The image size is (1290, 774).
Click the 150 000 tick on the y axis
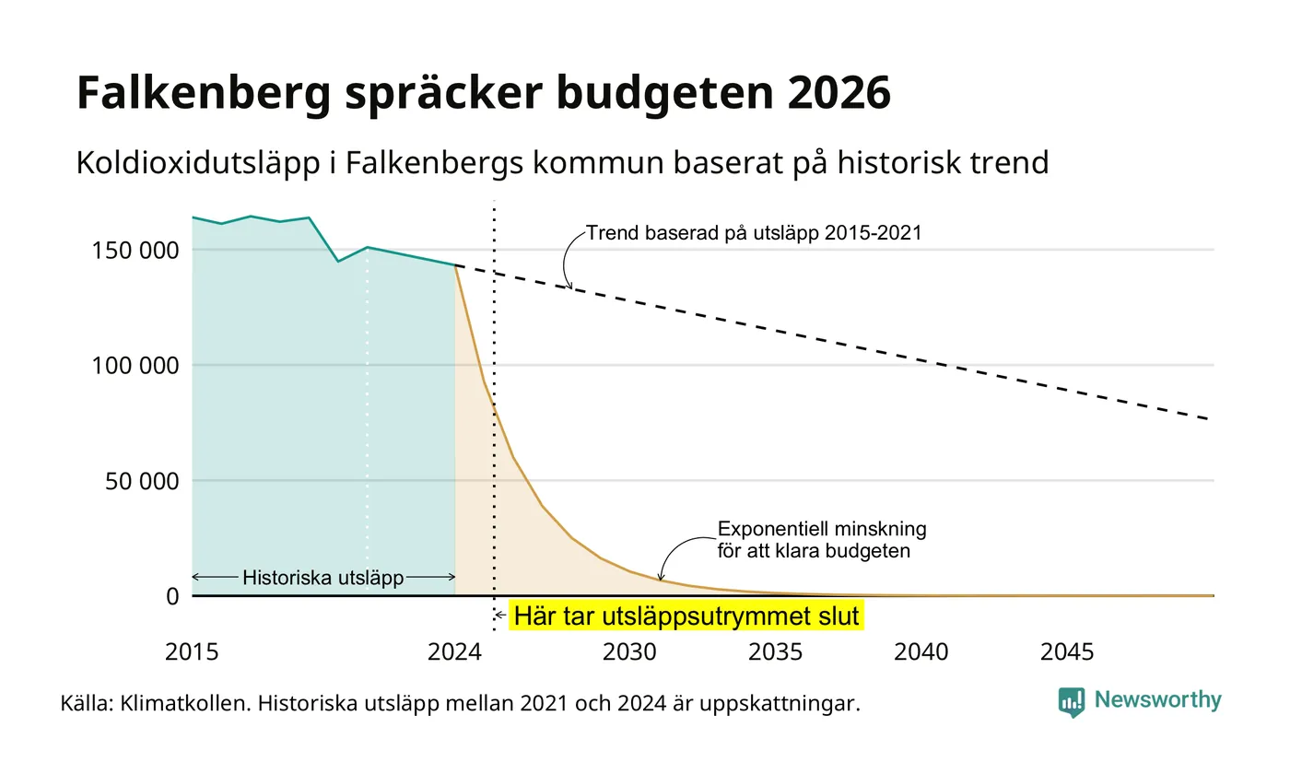pyautogui.click(x=135, y=251)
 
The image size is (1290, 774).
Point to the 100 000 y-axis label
pyautogui.click(x=135, y=366)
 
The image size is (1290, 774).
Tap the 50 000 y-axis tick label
pyautogui.click(x=142, y=481)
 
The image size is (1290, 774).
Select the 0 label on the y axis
pyautogui.click(x=173, y=596)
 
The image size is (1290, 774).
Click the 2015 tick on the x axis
pyautogui.click(x=192, y=652)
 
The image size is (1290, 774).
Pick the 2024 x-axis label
pyautogui.click(x=454, y=652)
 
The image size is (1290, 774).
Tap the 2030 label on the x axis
pyautogui.click(x=629, y=652)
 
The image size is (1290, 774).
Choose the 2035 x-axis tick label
pyautogui.click(x=775, y=652)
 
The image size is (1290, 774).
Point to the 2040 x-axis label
pyautogui.click(x=921, y=652)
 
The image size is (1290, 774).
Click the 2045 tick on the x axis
pyautogui.click(x=1067, y=652)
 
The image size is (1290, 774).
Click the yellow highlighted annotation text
pyautogui.click(x=686, y=616)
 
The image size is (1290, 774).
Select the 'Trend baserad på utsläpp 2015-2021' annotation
pyautogui.click(x=754, y=232)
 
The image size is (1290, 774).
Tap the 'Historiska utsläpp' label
pyautogui.click(x=323, y=578)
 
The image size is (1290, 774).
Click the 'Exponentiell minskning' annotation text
pyautogui.click(x=822, y=529)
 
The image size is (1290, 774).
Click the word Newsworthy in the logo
pyautogui.click(x=1157, y=699)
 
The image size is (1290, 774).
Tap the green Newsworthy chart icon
pyautogui.click(x=1071, y=702)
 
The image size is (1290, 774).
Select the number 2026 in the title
pyautogui.click(x=839, y=92)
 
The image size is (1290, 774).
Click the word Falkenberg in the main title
pyautogui.click(x=204, y=94)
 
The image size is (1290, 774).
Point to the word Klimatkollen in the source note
pyautogui.click(x=185, y=703)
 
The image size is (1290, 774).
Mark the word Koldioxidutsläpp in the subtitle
pyautogui.click(x=198, y=164)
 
